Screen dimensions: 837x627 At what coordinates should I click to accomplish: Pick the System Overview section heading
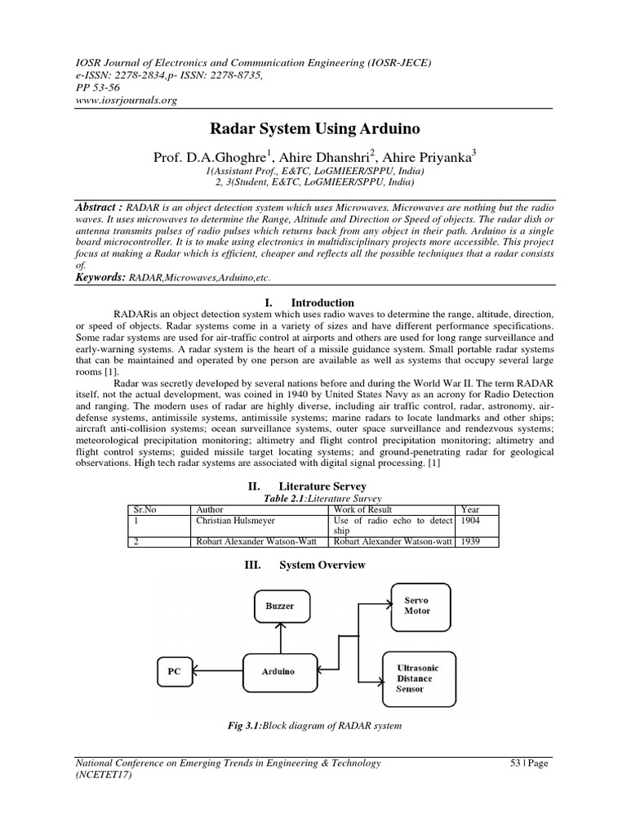click(x=322, y=565)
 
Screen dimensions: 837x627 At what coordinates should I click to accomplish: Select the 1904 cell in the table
click(x=472, y=519)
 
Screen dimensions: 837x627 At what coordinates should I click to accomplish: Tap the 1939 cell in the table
click(x=472, y=540)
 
